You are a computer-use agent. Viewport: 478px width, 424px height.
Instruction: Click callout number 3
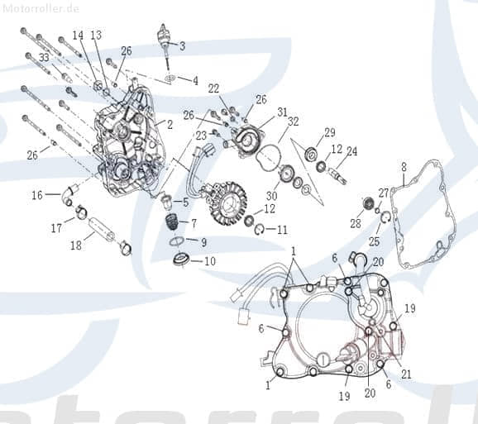click(x=182, y=45)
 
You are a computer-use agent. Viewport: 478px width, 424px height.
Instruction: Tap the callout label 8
click(x=404, y=167)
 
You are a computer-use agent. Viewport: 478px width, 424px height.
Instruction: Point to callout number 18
click(x=76, y=245)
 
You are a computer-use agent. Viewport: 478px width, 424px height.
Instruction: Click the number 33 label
click(x=43, y=57)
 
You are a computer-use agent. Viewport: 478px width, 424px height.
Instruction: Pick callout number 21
click(x=406, y=374)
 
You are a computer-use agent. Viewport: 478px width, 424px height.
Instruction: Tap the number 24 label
click(x=351, y=151)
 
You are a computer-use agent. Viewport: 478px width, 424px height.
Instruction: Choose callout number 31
click(x=282, y=112)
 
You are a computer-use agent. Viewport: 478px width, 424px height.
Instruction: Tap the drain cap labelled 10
click(x=179, y=261)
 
